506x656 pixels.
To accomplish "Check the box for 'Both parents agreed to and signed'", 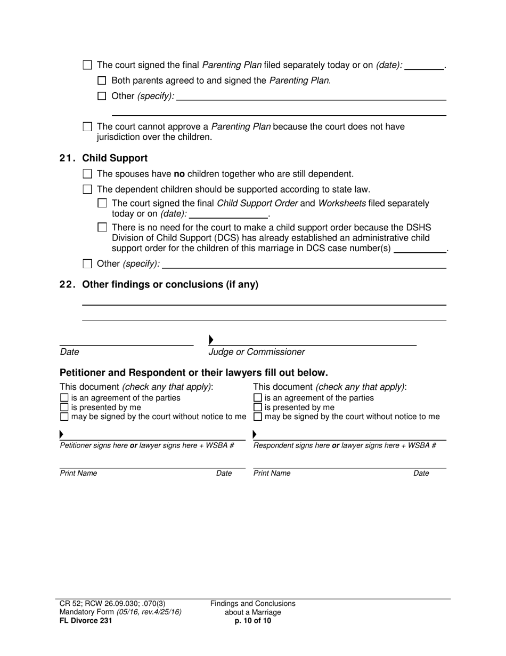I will coord(102,81).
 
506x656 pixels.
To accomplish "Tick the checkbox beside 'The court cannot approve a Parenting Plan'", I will coord(88,127).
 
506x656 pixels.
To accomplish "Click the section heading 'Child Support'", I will coord(115,158).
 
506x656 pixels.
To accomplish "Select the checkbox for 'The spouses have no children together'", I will coord(88,174).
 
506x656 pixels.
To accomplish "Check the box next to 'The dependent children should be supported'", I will coord(88,189).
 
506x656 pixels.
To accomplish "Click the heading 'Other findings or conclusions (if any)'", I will coord(170,285).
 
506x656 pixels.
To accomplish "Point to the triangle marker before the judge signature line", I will coord(211,340).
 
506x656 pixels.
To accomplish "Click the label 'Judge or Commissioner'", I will coord(256,352).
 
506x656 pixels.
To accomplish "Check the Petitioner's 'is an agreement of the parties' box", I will coord(64,398).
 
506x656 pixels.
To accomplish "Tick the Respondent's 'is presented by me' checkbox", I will coord(257,407).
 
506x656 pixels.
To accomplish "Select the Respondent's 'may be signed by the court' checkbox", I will coord(257,417).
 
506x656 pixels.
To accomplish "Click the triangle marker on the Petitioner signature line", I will coord(62,434).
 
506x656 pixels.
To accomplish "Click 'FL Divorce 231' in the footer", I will coord(86,620).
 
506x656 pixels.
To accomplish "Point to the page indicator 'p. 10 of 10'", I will coord(252,620).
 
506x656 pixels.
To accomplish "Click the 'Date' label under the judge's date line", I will coord(69,352).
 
